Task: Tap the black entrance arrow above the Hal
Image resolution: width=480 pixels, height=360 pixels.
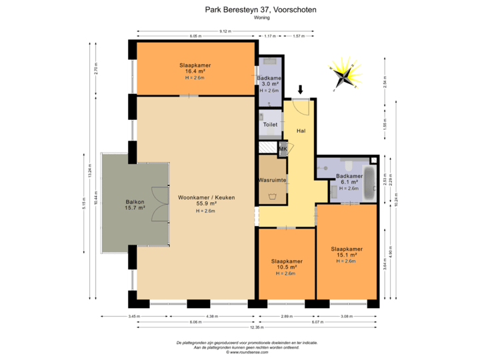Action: point(300,89)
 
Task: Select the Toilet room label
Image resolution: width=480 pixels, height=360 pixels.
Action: point(269,125)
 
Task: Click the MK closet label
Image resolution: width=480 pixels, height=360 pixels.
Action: point(283,149)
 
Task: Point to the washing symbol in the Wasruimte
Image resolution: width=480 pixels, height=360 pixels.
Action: point(272,196)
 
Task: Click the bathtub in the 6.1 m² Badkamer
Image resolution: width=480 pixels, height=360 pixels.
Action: point(369,181)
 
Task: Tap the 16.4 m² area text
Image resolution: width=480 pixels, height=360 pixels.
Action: point(195,71)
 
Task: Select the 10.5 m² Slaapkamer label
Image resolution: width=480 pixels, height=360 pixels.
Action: point(287,261)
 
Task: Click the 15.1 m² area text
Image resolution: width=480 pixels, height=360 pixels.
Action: point(347,255)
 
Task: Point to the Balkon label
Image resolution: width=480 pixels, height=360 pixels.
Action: point(135,202)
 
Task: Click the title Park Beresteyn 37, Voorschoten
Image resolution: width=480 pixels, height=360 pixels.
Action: point(260,10)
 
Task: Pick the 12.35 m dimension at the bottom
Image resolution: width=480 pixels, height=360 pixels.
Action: point(257,327)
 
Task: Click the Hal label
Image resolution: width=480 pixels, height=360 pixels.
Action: point(301,131)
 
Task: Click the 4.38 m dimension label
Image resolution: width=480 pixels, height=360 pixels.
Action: point(212,315)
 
